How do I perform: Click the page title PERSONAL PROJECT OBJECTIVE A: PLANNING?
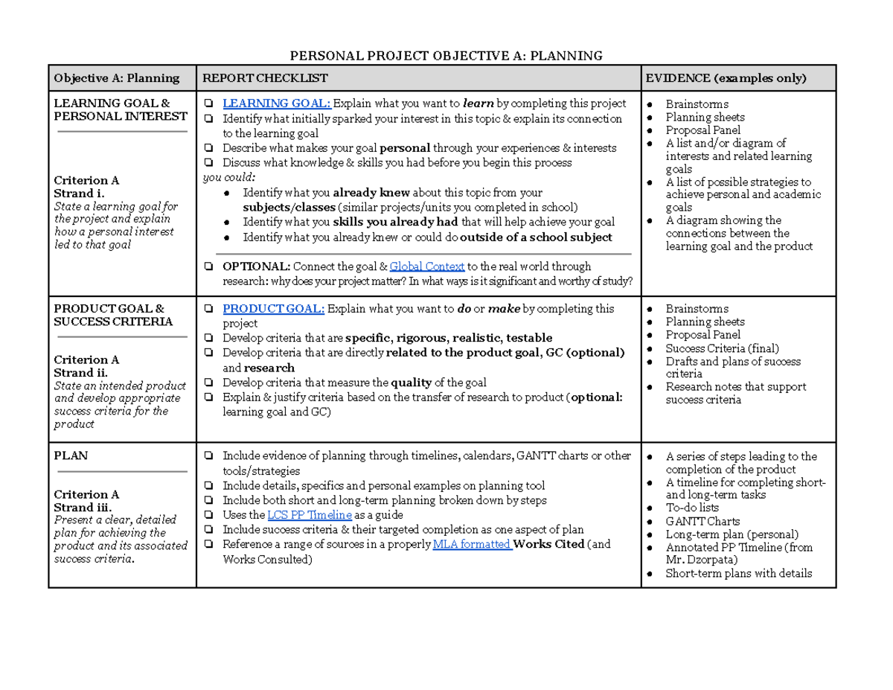[x=445, y=56]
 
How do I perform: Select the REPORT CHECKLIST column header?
[x=266, y=78]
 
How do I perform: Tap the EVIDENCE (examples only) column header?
[x=726, y=78]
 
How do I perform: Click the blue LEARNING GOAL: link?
[x=278, y=103]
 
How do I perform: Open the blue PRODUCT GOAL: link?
[x=273, y=308]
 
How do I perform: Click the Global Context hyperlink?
[x=427, y=266]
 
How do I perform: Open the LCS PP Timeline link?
[x=310, y=515]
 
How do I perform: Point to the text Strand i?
[x=74, y=194]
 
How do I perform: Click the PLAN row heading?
[x=71, y=456]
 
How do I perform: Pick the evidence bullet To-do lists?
[x=692, y=508]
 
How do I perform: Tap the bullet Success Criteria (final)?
[x=722, y=348]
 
